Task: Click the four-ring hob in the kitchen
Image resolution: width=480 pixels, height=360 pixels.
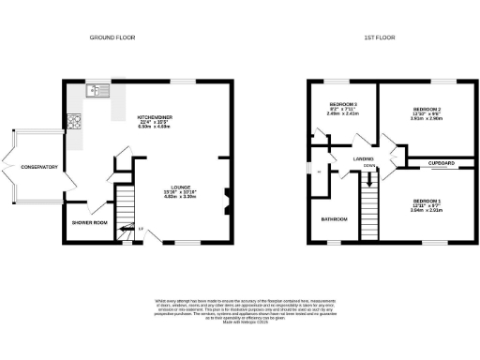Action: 73,121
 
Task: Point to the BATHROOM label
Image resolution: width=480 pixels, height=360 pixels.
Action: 335,218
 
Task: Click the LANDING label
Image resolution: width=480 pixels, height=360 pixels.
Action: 364,158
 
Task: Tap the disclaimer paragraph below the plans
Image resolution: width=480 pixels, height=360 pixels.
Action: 240,310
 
